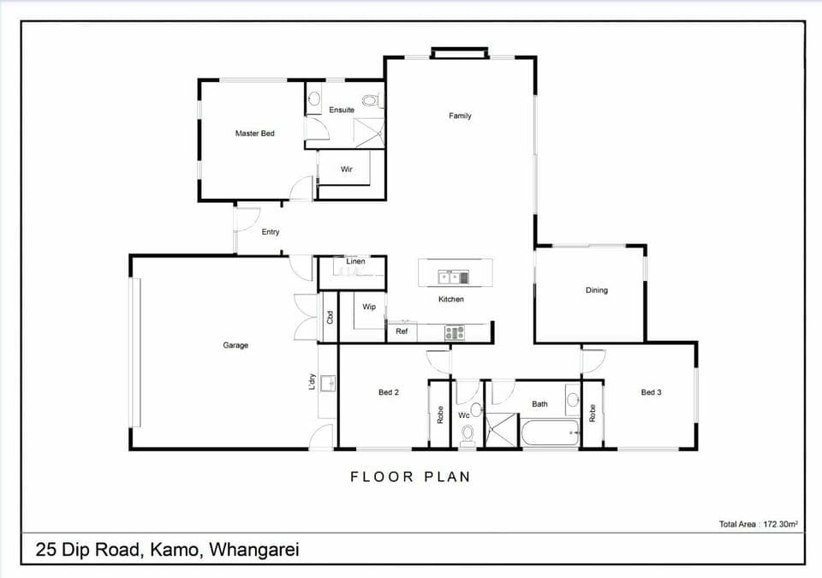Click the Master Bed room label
pyautogui.click(x=255, y=134)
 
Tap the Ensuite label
pyautogui.click(x=342, y=110)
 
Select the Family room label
pyautogui.click(x=460, y=116)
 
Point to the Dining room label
pyautogui.click(x=597, y=290)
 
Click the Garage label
pyautogui.click(x=235, y=345)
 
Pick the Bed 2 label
pyautogui.click(x=389, y=392)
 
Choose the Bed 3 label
pyautogui.click(x=652, y=392)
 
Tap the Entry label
pyautogui.click(x=271, y=232)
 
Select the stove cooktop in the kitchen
pyautogui.click(x=454, y=333)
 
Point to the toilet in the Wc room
pyautogui.click(x=467, y=436)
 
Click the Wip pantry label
pyautogui.click(x=369, y=307)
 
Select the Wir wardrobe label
pyautogui.click(x=347, y=170)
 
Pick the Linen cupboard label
pyautogui.click(x=355, y=261)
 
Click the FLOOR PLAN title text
pyautogui.click(x=410, y=477)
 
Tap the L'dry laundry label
pyautogui.click(x=313, y=381)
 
